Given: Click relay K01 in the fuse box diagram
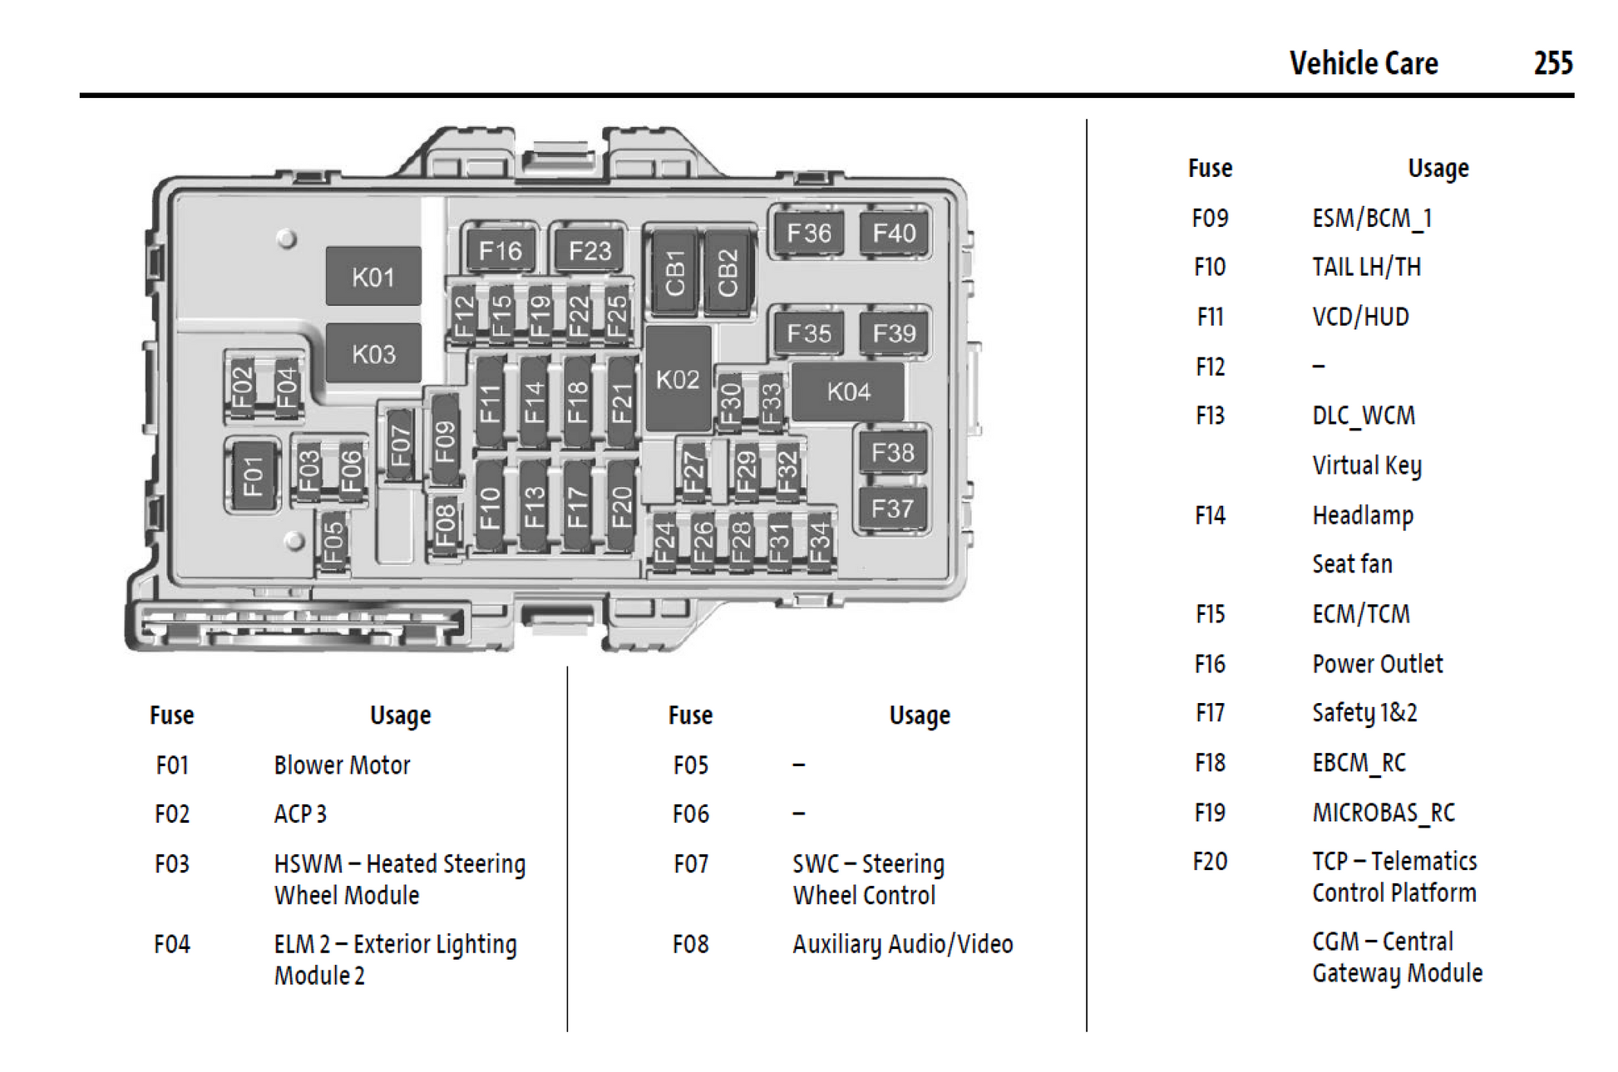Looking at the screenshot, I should coord(373,277).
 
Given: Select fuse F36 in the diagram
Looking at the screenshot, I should coord(808,233).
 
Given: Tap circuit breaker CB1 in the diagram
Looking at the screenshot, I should coord(675,273).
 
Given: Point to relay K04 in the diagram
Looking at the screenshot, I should coord(848,391).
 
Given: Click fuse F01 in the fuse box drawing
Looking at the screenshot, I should coord(252,476).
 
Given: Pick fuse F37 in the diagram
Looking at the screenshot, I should coord(892,508).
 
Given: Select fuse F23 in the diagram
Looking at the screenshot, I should coord(589,250).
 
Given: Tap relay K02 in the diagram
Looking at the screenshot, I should coord(678,380).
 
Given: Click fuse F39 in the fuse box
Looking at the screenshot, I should coord(894,333).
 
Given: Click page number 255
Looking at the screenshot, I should coord(1552,63).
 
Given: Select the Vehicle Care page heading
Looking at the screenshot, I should coord(1364,63).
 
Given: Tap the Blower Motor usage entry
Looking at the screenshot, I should coord(342,765).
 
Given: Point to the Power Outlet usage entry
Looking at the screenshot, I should coord(1377,663).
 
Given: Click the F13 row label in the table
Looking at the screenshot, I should coord(1210,415).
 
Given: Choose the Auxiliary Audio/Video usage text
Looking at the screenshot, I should coord(902,944).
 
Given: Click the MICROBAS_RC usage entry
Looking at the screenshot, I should coord(1384,812).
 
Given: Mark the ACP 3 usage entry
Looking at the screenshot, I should coord(300,814).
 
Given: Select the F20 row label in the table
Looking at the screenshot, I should coord(1210,861).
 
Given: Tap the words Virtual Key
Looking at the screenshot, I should coord(1366,465).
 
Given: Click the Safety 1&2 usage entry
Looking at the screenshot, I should coord(1364,712).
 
